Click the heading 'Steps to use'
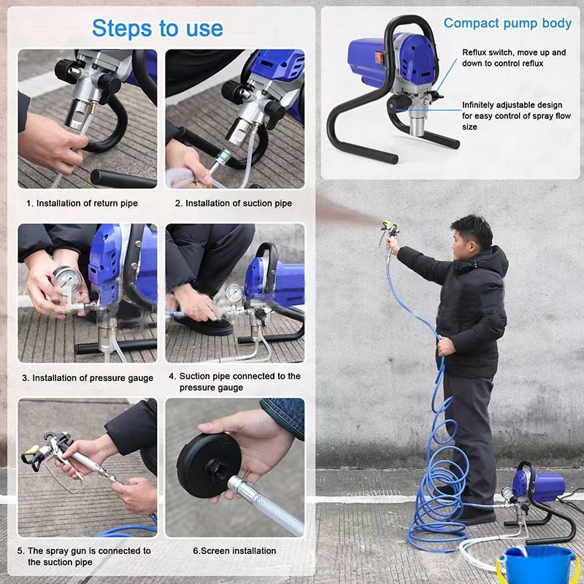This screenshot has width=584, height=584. pos(157,28)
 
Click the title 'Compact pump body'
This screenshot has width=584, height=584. pos(507,23)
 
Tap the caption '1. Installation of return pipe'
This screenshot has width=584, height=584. pos(82,204)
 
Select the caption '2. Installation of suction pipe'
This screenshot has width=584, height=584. pos(234,204)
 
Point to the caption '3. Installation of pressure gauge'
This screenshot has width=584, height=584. pos(88,378)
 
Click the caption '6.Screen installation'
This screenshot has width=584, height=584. pos(234,551)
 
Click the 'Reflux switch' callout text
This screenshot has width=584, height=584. pos(514,58)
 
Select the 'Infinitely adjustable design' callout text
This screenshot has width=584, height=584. pos(517,116)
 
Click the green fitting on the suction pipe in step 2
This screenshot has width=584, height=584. pos(223,155)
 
